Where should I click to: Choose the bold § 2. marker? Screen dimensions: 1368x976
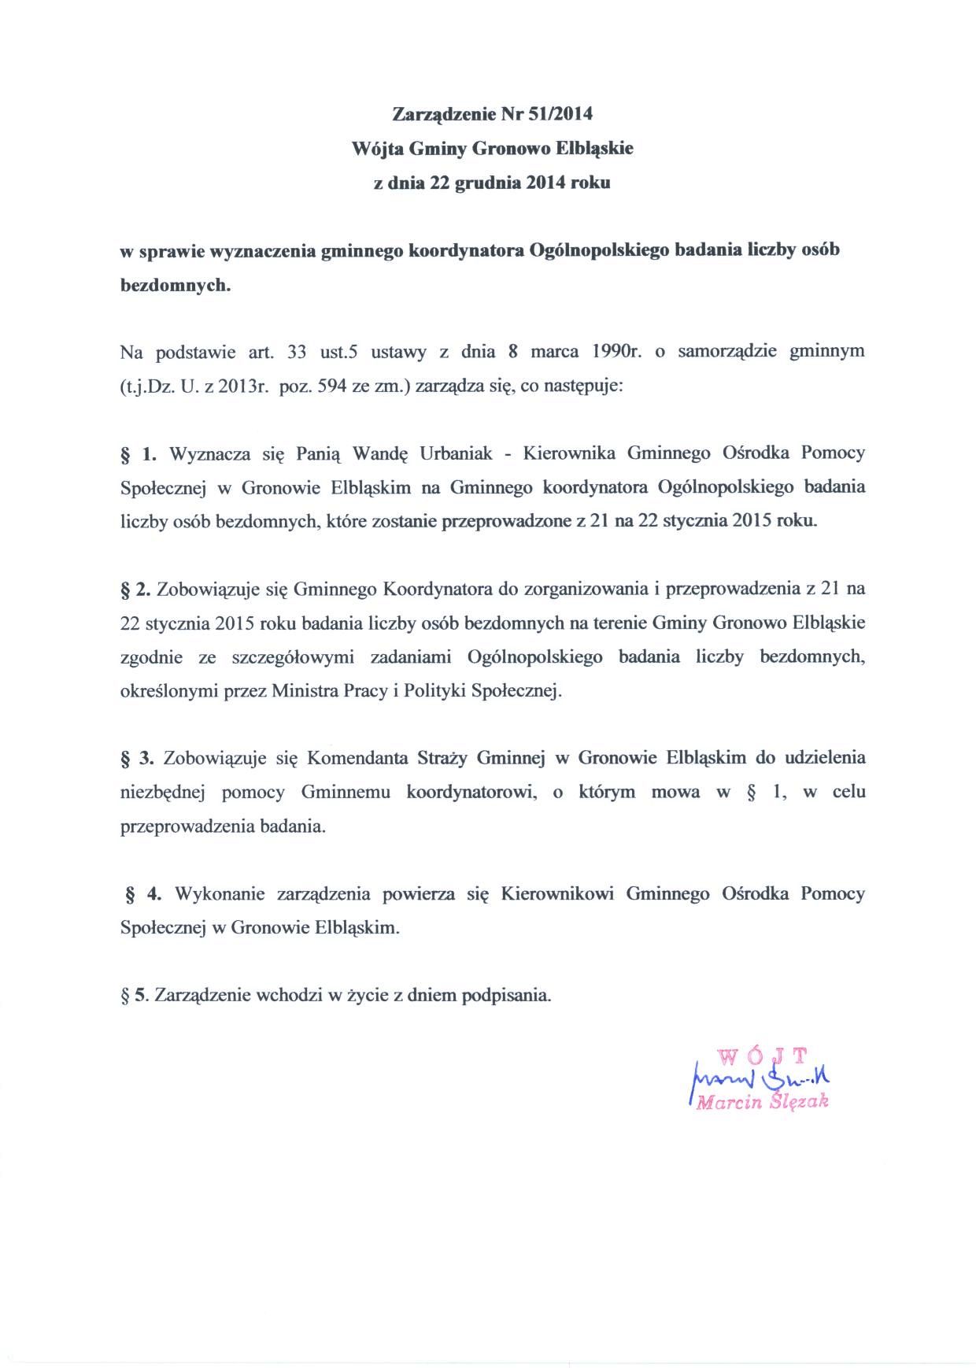pos(134,589)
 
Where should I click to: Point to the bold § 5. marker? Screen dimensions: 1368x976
pos(134,995)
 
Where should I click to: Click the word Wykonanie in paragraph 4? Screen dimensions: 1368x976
pos(220,893)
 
